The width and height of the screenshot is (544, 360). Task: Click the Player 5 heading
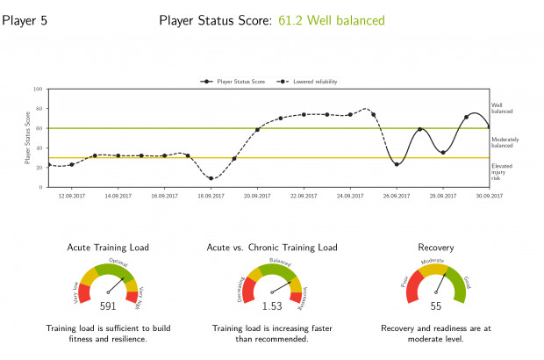(25, 20)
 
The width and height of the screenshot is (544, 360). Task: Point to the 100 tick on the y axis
(39, 89)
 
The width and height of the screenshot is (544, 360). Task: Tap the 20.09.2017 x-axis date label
(257, 197)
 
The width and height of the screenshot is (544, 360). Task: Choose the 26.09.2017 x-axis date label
(397, 197)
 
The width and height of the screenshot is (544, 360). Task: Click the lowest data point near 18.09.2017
(211, 178)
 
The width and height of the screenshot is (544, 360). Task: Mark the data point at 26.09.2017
(397, 164)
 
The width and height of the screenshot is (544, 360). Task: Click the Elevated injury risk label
(503, 171)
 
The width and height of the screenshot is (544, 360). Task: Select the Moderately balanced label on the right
(505, 142)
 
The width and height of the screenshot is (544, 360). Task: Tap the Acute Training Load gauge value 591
(108, 306)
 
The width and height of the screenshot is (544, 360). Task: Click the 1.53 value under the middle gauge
(272, 306)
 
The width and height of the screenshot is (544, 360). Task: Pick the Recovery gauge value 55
(436, 306)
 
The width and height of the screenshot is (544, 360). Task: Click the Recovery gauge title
(436, 248)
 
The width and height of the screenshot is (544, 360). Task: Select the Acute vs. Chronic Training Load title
(272, 248)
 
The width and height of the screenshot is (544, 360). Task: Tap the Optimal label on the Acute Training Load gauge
(118, 263)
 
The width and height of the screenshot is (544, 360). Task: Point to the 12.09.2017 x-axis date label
(71, 197)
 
